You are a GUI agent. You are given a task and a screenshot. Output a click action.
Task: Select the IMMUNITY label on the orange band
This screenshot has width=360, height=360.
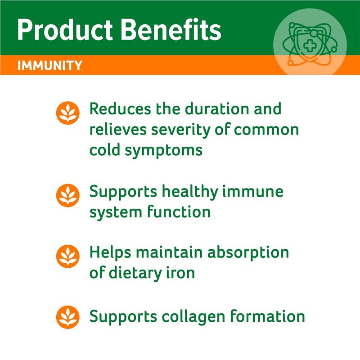click(49, 66)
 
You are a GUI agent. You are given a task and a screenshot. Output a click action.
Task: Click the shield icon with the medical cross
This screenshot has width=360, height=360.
click(310, 44)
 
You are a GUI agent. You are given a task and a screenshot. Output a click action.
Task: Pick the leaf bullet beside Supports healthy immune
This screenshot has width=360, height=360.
click(68, 195)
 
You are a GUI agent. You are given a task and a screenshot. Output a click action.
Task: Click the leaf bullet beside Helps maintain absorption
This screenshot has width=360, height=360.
click(68, 256)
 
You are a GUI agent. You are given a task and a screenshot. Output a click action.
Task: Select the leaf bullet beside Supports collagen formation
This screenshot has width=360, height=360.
click(68, 317)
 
